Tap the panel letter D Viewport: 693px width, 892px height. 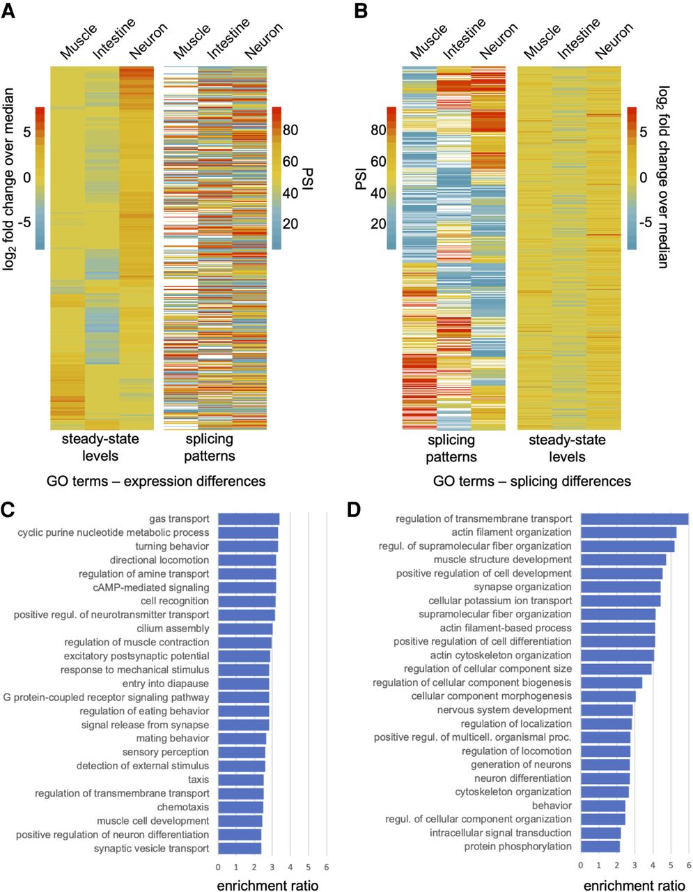coord(355,510)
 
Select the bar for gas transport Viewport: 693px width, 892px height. coord(249,519)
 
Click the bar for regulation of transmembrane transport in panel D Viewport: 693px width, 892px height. coord(634,518)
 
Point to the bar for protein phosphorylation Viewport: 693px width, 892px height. coord(600,847)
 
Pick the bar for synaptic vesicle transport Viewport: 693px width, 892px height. coord(240,849)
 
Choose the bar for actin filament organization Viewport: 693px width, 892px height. coord(628,532)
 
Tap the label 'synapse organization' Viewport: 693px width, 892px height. coord(522,587)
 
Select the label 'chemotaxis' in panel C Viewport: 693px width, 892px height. coord(183,807)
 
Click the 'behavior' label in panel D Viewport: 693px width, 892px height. coord(552,806)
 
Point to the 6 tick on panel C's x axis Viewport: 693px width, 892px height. coord(327,867)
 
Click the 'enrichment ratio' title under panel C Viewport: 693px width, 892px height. coord(267,886)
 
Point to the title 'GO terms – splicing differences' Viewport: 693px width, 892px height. coord(531,481)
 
